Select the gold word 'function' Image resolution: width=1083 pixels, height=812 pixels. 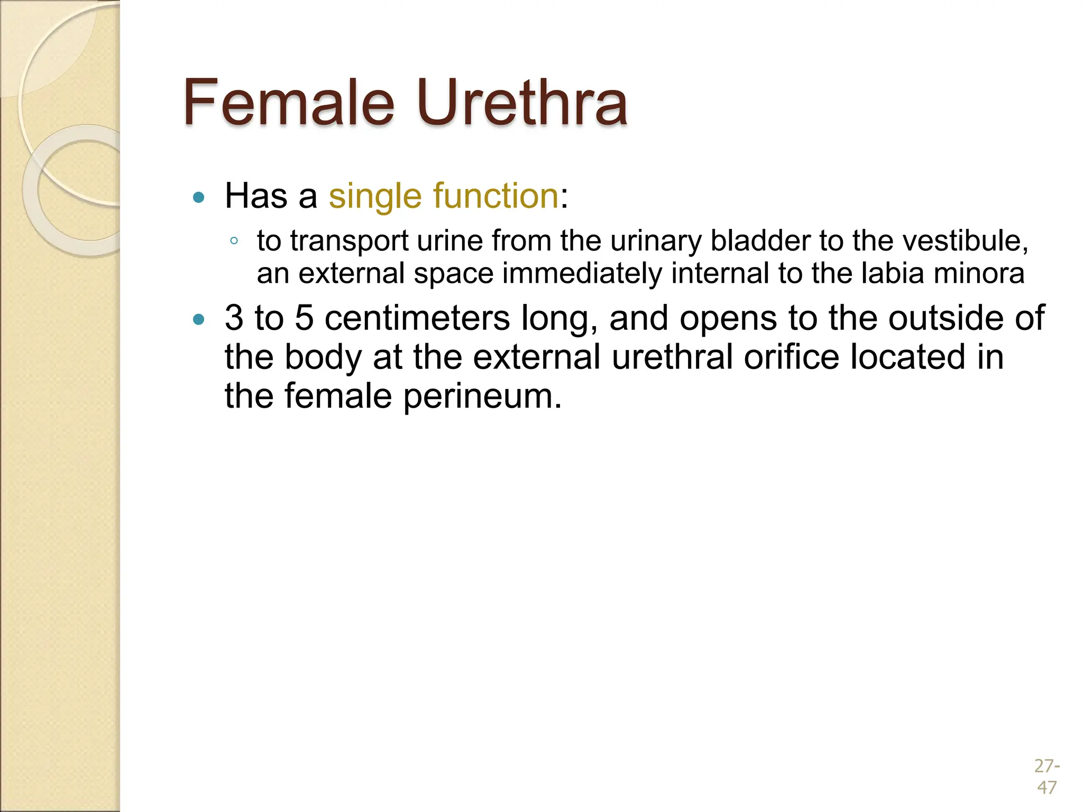pyautogui.click(x=495, y=196)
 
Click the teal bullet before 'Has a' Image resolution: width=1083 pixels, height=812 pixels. pyautogui.click(x=199, y=198)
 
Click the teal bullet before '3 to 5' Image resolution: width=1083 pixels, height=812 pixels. pyautogui.click(x=199, y=319)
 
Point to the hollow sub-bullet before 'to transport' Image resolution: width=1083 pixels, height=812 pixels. pyautogui.click(x=234, y=242)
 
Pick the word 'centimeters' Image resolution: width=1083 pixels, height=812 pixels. pyautogui.click(x=417, y=318)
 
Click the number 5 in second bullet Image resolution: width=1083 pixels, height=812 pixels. pyautogui.click(x=304, y=318)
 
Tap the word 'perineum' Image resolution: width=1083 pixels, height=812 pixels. pyautogui.click(x=481, y=396)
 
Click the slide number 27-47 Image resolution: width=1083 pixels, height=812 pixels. pyautogui.click(x=1047, y=776)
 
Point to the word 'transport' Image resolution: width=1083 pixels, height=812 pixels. pyautogui.click(x=349, y=242)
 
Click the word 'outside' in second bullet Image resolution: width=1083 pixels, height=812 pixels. pyautogui.click(x=945, y=318)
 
